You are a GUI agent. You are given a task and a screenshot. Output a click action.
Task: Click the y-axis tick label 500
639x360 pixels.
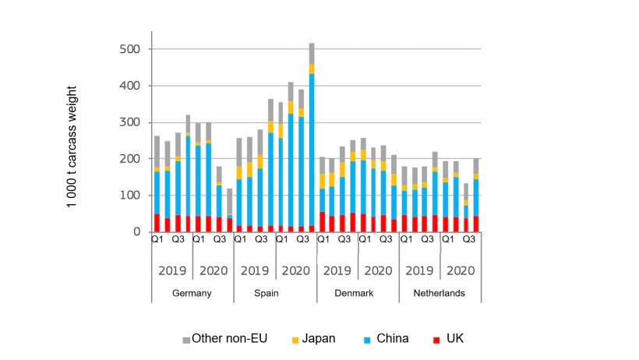130,49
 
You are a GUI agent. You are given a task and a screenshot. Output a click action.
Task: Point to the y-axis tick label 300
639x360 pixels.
130,122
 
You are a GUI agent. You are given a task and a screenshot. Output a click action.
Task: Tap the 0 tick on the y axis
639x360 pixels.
136,232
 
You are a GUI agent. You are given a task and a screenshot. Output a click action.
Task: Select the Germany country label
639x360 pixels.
192,294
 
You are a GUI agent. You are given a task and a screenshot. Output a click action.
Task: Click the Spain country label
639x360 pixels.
274,294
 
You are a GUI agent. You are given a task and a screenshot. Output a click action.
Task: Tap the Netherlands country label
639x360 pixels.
440,294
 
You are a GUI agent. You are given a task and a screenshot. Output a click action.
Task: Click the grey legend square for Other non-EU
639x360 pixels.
186,340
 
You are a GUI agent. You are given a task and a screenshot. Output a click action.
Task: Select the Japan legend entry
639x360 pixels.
312,338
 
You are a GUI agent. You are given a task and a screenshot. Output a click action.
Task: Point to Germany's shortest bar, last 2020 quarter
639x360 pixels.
229,214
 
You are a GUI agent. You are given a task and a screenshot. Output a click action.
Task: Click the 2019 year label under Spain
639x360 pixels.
254,271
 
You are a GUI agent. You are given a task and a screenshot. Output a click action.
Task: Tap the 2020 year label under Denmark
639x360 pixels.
378,271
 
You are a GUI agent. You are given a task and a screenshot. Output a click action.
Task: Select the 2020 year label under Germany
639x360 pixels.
214,271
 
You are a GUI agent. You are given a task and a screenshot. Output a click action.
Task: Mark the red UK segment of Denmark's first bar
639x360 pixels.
323,222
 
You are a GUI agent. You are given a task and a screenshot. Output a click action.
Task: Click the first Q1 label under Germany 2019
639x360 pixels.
157,240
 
